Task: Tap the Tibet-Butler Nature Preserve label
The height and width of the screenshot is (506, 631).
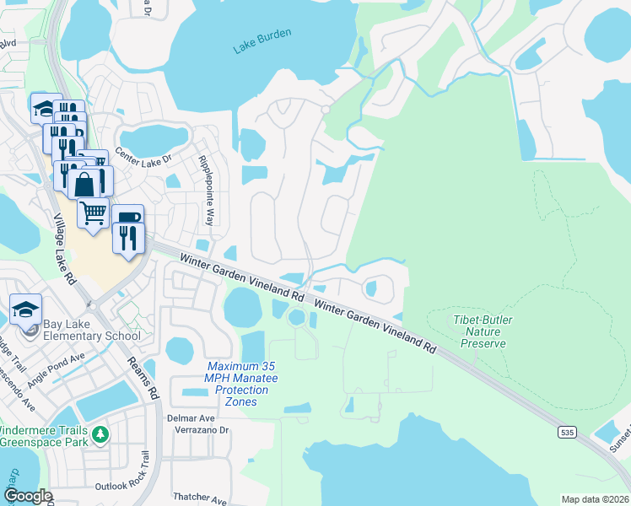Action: [x=483, y=331]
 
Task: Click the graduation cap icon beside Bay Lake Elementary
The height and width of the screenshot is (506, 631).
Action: [x=25, y=310]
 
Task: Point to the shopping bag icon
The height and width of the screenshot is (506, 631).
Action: [x=87, y=183]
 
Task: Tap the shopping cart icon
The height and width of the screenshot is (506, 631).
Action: [x=94, y=211]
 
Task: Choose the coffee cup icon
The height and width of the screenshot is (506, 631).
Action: [x=127, y=218]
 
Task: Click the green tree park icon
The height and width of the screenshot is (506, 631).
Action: [x=101, y=434]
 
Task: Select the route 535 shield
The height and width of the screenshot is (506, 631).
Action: [x=566, y=432]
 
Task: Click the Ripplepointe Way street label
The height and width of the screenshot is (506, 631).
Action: [x=205, y=191]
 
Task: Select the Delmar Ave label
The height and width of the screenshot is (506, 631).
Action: [x=194, y=417]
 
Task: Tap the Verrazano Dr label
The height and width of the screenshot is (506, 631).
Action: [x=202, y=429]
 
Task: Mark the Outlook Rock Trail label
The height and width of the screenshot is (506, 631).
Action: [x=121, y=485]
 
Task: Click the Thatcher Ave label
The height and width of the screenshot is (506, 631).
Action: [x=201, y=497]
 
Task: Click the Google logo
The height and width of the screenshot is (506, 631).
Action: [x=27, y=496]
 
